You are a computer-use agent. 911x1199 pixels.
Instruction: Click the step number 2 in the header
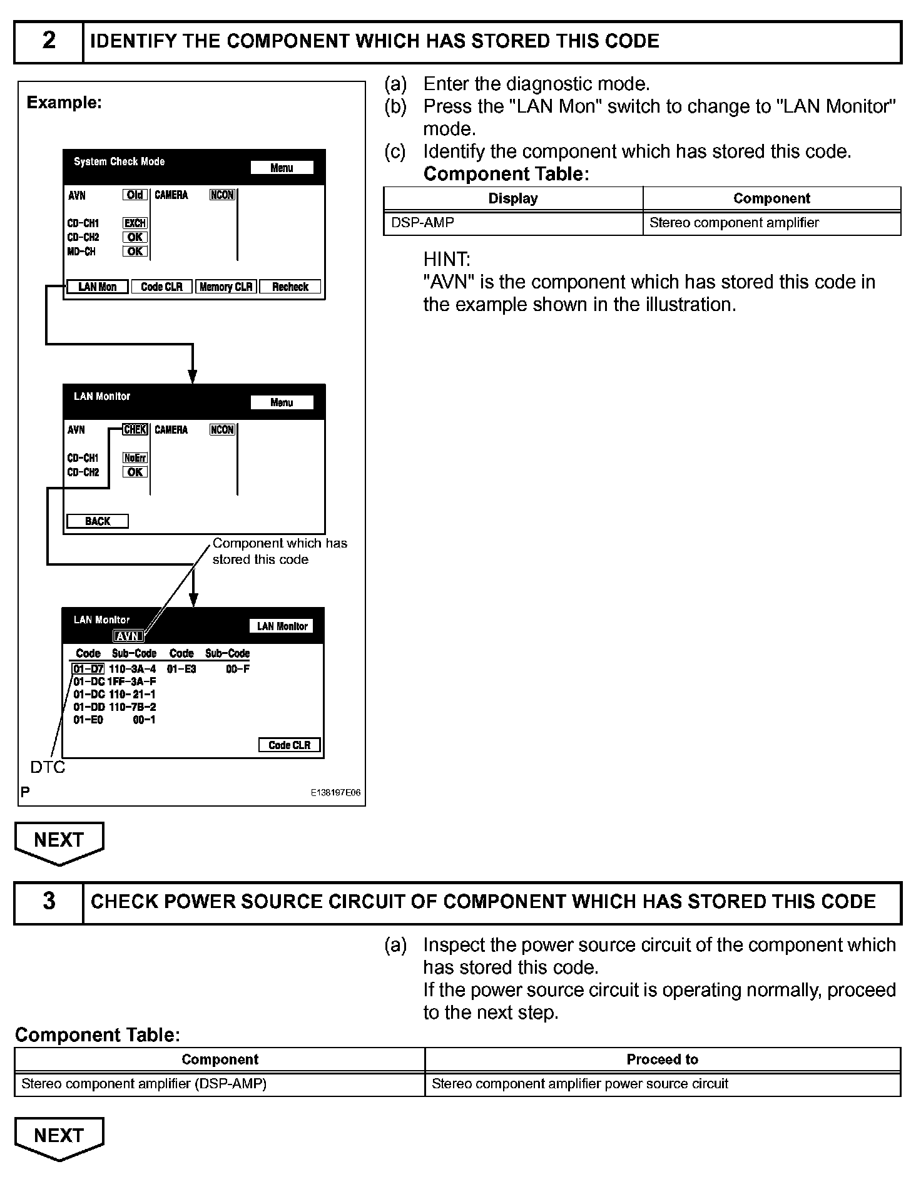click(x=49, y=41)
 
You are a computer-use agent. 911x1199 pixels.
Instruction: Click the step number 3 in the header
click(x=49, y=902)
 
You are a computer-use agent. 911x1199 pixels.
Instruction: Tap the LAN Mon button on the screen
click(x=98, y=287)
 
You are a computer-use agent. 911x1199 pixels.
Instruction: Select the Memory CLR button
click(x=226, y=287)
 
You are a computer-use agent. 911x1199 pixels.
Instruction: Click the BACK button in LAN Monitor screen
click(x=98, y=521)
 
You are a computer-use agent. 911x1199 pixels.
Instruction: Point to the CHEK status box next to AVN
click(x=135, y=430)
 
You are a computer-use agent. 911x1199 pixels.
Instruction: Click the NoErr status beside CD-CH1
click(x=135, y=458)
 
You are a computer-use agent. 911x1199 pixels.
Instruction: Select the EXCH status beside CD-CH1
click(x=135, y=223)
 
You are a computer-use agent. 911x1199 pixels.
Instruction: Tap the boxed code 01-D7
click(x=88, y=669)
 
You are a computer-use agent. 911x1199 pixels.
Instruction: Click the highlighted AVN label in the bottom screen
click(x=128, y=636)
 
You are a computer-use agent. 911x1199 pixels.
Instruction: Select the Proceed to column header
click(x=662, y=1059)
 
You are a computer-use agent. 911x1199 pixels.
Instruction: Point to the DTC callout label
click(x=48, y=767)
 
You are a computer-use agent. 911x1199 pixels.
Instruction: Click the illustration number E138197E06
click(x=335, y=793)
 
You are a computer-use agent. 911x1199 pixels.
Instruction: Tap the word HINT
click(x=447, y=259)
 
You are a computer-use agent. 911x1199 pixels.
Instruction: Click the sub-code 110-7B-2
click(x=133, y=707)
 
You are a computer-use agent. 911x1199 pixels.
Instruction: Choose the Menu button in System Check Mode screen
click(x=282, y=168)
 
